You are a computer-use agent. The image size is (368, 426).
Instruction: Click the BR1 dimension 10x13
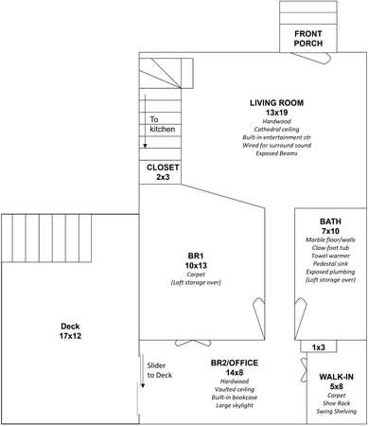tap(196, 266)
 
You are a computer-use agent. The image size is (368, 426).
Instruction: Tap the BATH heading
tap(330, 222)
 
